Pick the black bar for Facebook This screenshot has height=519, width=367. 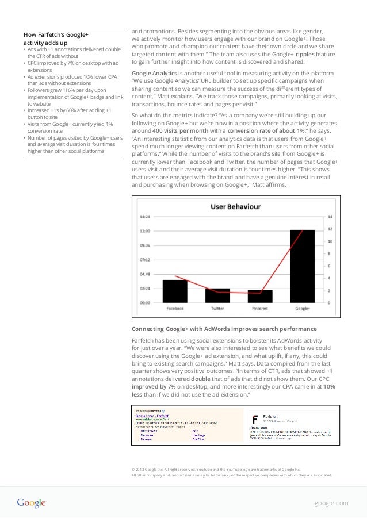pos(175,291)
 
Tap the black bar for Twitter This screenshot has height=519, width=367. pos(217,295)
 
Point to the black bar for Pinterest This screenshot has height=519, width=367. pos(260,296)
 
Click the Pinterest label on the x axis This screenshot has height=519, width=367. pos(260,309)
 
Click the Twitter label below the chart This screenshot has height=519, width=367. pos(217,309)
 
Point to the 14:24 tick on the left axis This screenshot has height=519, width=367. pos(145,217)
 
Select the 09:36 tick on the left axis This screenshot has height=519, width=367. pos(145,245)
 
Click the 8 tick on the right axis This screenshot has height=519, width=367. pos(330,253)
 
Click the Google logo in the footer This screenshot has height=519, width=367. pos(31,503)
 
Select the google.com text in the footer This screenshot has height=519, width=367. pos(331,503)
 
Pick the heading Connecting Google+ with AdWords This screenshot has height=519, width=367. pos(224,329)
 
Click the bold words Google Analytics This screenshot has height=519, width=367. pos(154,74)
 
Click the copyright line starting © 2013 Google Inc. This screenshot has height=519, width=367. pos(216,469)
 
